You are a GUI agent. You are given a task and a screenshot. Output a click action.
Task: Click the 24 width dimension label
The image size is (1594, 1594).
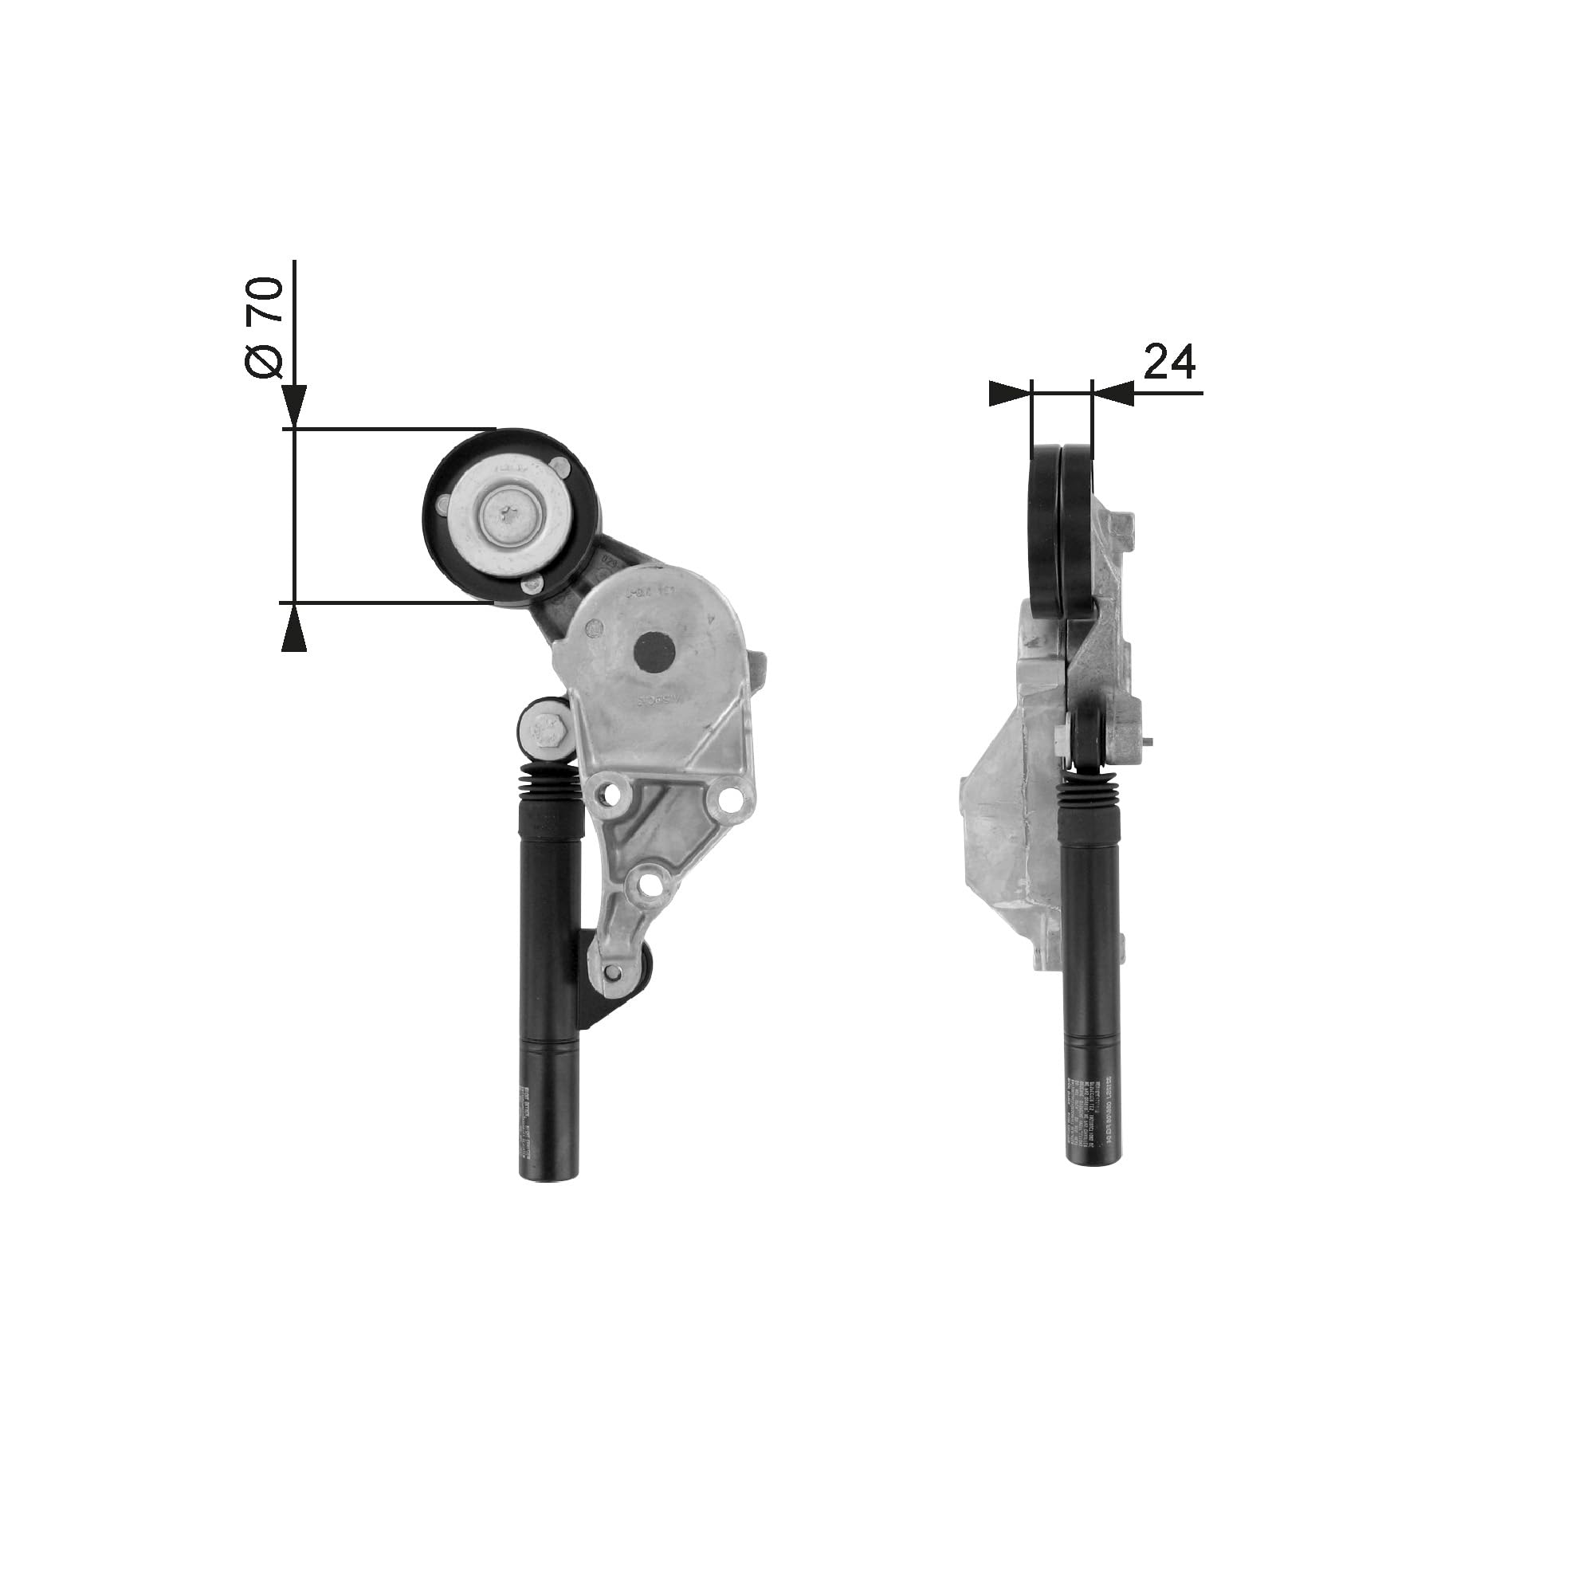(x=1169, y=363)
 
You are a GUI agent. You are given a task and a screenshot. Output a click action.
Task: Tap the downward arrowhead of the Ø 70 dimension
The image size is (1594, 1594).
(x=295, y=406)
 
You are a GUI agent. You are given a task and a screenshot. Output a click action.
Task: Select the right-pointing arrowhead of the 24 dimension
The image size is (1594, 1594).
(x=1010, y=394)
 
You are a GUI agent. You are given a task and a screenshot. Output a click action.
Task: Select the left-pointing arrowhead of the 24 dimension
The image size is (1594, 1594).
(x=1113, y=394)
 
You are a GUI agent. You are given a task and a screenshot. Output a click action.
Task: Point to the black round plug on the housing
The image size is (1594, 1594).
(x=654, y=654)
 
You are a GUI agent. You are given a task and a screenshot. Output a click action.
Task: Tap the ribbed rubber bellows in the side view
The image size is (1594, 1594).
(x=1088, y=793)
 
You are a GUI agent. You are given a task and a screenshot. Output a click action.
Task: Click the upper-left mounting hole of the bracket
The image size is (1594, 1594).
(x=611, y=796)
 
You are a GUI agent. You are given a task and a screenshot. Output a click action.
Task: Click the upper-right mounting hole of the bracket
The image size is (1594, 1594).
(x=729, y=800)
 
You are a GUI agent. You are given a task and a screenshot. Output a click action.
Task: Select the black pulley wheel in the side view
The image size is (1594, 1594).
(x=1061, y=528)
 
